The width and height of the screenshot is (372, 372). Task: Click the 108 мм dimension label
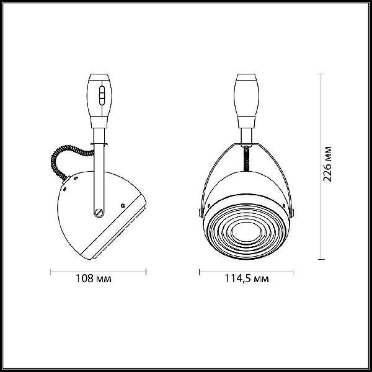(93, 278)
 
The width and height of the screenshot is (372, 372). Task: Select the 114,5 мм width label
(247, 278)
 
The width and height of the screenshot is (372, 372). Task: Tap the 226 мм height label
(327, 164)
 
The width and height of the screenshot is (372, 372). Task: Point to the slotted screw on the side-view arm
(99, 212)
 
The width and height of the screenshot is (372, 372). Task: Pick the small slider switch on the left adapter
(102, 95)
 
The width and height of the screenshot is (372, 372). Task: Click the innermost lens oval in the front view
(247, 232)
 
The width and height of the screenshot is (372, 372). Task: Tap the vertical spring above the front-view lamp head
(247, 158)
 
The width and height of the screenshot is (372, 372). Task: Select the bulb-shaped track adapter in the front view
(247, 101)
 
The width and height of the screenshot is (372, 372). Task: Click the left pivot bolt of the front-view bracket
(200, 212)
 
